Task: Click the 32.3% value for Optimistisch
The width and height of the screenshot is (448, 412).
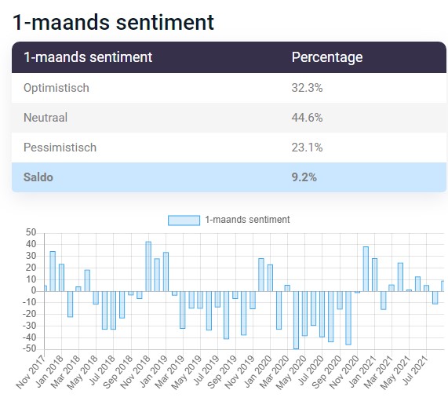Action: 307,88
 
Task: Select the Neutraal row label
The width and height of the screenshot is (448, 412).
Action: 46,118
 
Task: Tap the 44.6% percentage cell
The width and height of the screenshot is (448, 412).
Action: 307,118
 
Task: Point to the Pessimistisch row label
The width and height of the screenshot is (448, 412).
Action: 60,148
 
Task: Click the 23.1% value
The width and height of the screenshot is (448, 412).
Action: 307,148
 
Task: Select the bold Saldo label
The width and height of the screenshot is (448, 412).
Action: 38,177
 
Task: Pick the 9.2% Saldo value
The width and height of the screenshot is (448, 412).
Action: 304,177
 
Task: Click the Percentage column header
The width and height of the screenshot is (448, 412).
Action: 327,57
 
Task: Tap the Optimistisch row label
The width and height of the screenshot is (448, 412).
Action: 56,88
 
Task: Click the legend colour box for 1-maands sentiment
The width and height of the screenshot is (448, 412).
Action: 184,221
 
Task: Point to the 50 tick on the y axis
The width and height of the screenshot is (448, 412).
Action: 31,232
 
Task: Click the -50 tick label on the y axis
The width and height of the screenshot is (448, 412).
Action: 29,349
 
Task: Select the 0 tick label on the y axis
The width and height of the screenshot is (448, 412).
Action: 34,290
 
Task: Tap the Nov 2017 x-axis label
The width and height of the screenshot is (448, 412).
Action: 31,372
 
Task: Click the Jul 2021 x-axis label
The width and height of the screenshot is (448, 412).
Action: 415,370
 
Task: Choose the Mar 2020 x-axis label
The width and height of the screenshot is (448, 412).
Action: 275,372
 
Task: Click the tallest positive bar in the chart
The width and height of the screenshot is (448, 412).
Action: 148,267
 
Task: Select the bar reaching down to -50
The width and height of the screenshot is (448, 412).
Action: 296,320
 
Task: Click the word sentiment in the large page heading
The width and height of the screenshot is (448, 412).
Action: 165,22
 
